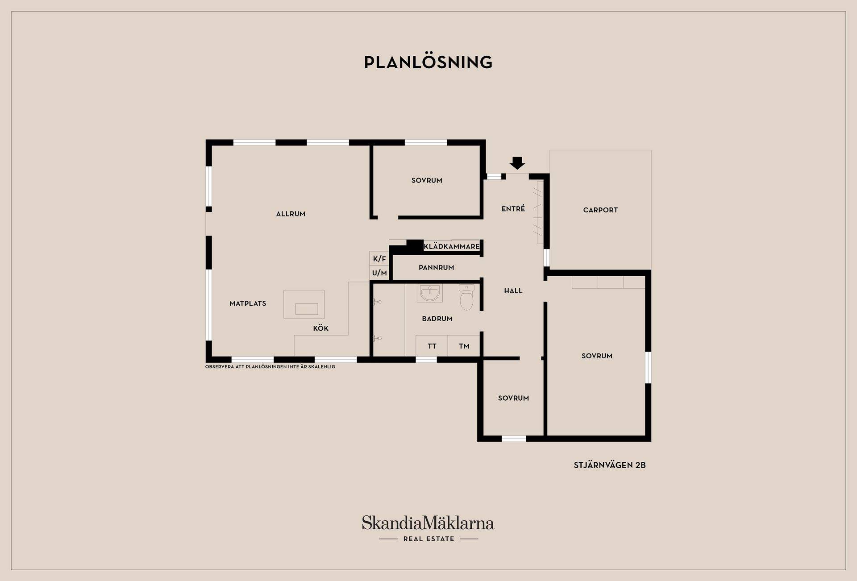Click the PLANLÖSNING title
[x=428, y=62]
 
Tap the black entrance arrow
[x=517, y=163]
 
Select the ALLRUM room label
[x=291, y=214]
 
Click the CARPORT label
[x=600, y=210]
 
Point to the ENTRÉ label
[x=513, y=208]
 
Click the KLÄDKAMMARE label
[x=452, y=246]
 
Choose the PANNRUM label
[x=436, y=267]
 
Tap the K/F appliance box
[x=379, y=258]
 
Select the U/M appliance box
[x=379, y=273]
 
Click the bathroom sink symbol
[x=430, y=293]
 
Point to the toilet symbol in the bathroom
[x=466, y=297]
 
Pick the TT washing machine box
[x=432, y=346]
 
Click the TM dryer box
[x=464, y=346]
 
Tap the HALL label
[x=513, y=290]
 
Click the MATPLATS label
[x=248, y=303]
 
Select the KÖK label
[x=320, y=328]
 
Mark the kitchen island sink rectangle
[x=307, y=309]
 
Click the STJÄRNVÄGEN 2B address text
[x=610, y=465]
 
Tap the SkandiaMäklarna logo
[x=428, y=529]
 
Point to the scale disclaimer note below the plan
[x=270, y=367]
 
